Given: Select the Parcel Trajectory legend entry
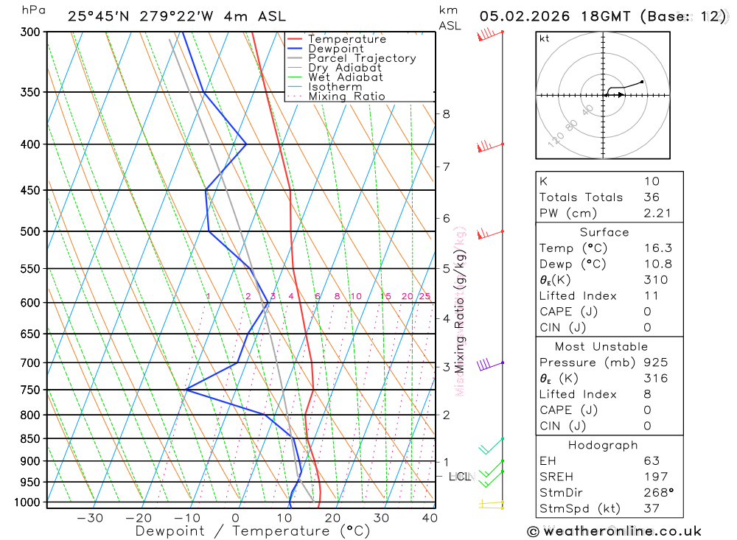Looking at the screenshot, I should [362, 58].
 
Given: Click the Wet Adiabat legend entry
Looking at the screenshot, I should [346, 77].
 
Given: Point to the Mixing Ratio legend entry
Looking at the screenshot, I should [346, 97].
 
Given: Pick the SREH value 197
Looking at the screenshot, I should [655, 477].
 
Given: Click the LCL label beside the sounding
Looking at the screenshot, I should [459, 477].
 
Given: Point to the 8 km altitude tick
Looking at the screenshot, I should [446, 113].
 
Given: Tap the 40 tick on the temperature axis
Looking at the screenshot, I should [429, 518].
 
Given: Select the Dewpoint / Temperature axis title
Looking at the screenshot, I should [253, 531].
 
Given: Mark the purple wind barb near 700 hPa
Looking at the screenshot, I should [486, 364].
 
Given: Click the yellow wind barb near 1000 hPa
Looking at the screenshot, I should [489, 504].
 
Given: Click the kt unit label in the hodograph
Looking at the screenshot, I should [545, 38].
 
